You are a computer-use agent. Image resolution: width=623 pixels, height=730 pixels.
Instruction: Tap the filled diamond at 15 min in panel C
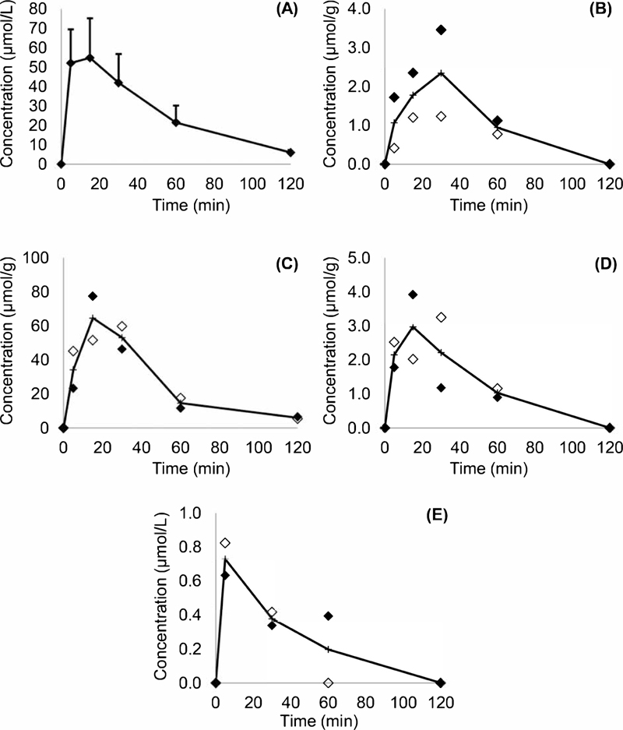tap(92, 296)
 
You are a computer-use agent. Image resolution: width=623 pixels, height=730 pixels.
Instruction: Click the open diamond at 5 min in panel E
tap(225, 543)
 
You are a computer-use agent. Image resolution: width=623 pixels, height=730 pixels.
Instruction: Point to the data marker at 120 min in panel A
tap(290, 152)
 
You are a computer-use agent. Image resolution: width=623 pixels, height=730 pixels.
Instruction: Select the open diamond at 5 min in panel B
tap(394, 147)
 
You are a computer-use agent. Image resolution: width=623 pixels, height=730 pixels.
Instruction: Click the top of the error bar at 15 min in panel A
tap(90, 18)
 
